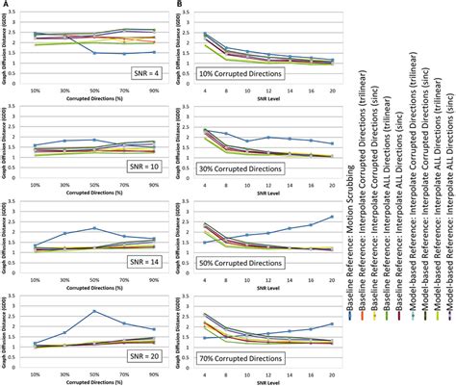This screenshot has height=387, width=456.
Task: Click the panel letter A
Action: (6, 5)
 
